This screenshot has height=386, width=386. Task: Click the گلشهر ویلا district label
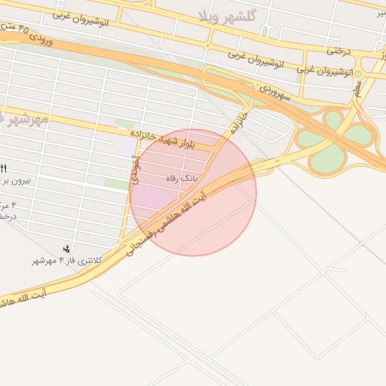[226, 16]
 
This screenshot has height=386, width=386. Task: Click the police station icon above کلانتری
[68, 248]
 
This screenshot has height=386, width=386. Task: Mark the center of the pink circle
[193, 192]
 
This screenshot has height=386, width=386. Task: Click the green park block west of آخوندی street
[116, 183]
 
